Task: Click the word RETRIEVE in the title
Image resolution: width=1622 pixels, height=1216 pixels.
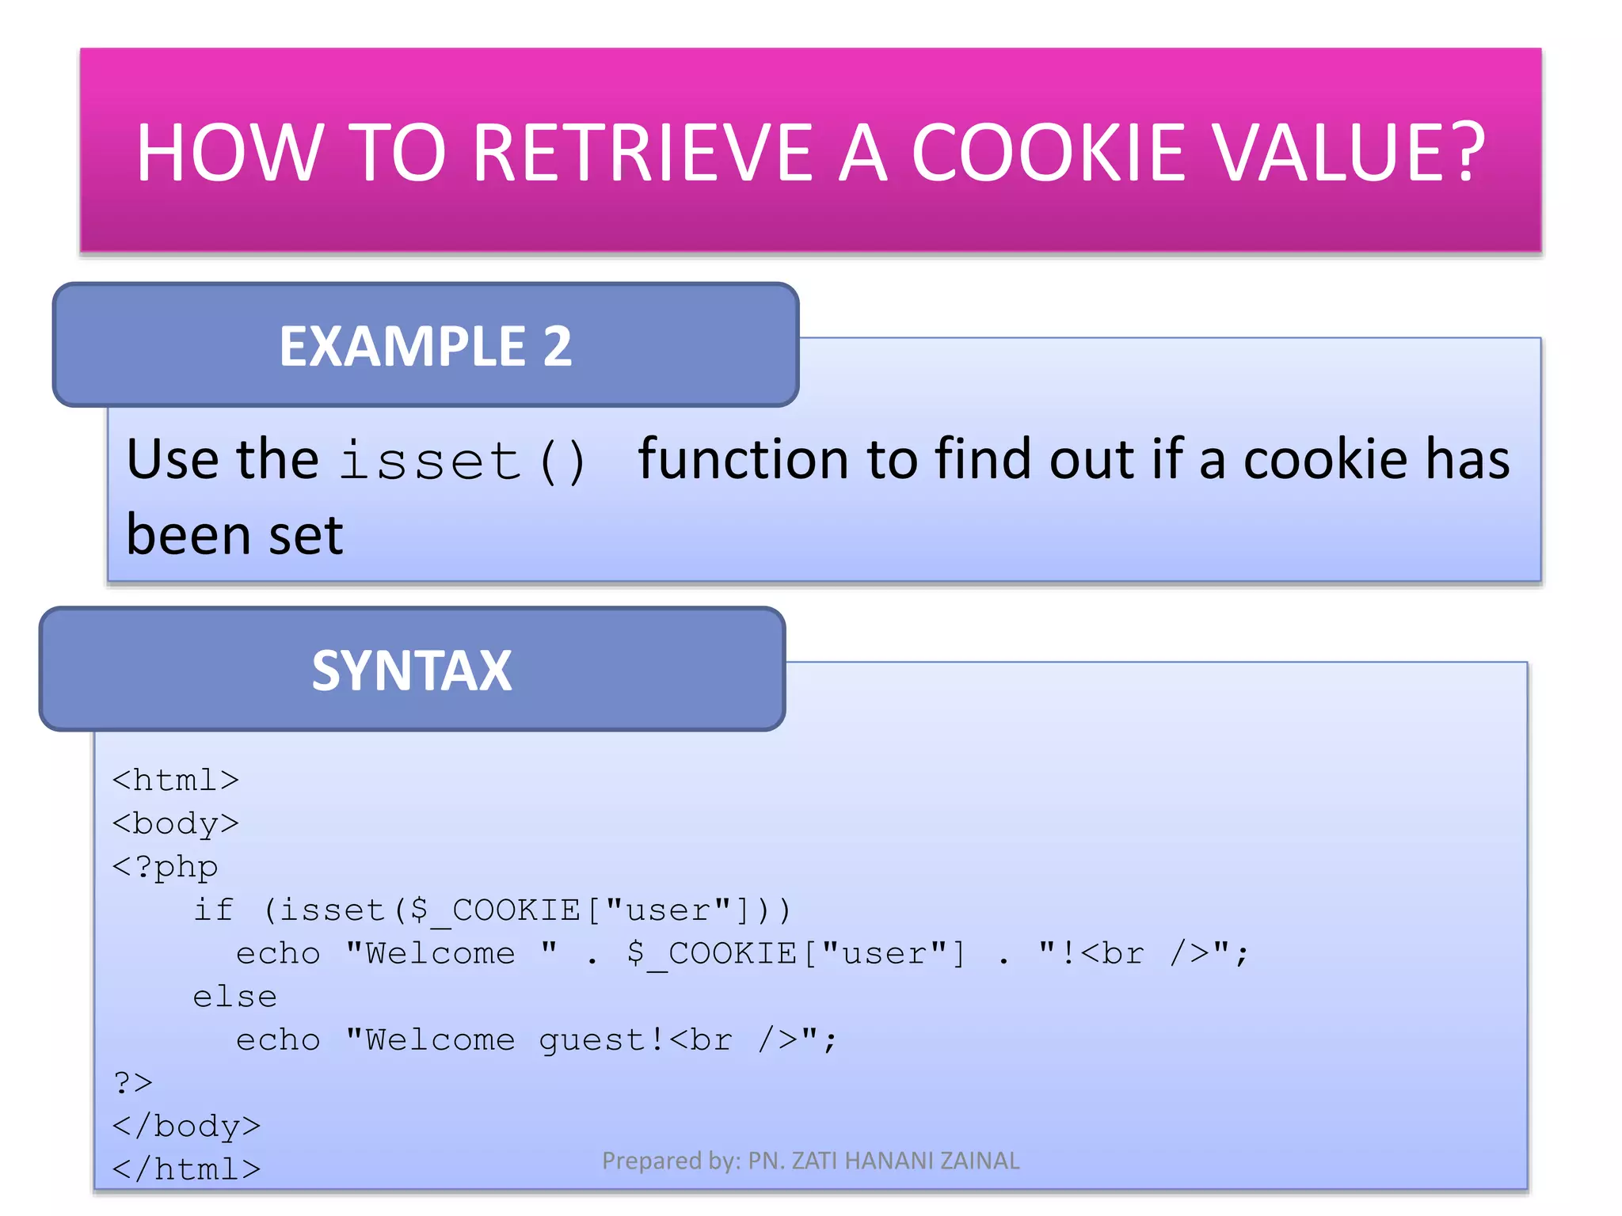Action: [x=644, y=154]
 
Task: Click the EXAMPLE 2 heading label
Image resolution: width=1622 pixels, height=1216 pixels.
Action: [x=425, y=347]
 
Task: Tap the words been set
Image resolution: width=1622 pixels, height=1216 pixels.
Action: [x=234, y=535]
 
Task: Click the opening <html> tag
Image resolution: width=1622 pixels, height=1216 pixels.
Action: [x=175, y=781]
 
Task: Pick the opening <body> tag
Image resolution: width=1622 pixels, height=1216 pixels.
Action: [x=175, y=824]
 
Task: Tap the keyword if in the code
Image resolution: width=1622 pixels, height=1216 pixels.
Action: [x=214, y=910]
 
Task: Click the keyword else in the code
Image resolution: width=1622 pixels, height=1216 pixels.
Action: [x=234, y=997]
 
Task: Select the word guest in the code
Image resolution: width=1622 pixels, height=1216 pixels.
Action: [x=592, y=1040]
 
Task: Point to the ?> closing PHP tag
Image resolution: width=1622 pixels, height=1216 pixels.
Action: [x=133, y=1083]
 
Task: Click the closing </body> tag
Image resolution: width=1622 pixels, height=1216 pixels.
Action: [x=186, y=1127]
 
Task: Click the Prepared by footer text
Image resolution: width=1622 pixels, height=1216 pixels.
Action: [x=810, y=1161]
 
